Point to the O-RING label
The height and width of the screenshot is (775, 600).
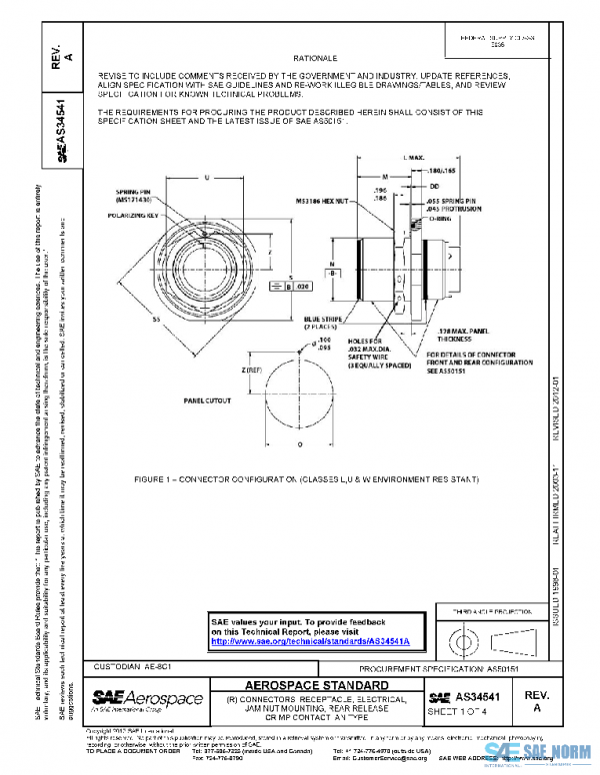pyautogui.click(x=452, y=222)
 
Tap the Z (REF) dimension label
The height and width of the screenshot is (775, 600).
pyautogui.click(x=224, y=370)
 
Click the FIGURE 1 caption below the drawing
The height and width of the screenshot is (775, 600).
pyautogui.click(x=310, y=480)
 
